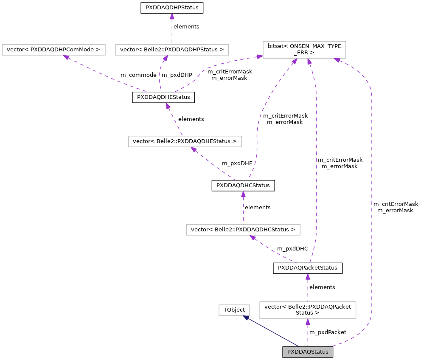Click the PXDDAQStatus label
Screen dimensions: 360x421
tap(308, 352)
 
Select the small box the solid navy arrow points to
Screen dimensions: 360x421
tap(234, 310)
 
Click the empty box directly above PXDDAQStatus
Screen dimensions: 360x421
tap(308, 310)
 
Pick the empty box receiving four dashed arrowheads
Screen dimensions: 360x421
tap(304, 50)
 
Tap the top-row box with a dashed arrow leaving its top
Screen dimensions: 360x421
tap(172, 50)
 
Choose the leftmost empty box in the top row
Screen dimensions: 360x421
tap(53, 50)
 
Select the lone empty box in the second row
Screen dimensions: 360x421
tap(185, 141)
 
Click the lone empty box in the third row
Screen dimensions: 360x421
tap(243, 230)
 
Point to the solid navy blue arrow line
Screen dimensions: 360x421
tap(272, 332)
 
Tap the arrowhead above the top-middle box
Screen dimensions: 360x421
tap(172, 16)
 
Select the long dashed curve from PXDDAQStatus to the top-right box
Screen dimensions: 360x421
tap(372, 204)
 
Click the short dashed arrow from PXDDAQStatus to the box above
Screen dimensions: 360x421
tap(308, 333)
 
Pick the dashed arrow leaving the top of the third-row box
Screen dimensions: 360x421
tap(243, 208)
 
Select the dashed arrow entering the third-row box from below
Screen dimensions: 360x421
tap(272, 250)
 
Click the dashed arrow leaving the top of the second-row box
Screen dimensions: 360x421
tap(174, 119)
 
